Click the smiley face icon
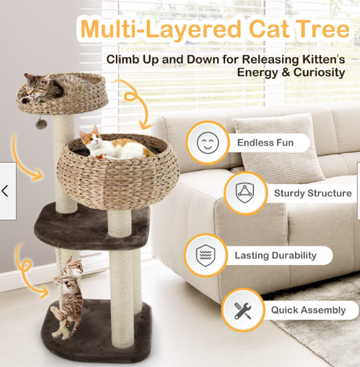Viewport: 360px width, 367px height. [208, 142]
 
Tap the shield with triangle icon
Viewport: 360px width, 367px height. [245, 193]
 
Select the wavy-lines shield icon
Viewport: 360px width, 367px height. [205, 255]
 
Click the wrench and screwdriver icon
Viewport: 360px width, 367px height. [243, 311]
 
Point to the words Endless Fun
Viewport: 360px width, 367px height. [266, 142]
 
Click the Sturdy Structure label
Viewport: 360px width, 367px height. [313, 193]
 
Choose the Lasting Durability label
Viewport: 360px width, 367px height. [275, 255]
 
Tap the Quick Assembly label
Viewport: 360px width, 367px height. [308, 310]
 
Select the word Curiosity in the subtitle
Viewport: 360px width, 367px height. [319, 72]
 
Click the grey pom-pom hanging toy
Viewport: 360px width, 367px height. [41, 124]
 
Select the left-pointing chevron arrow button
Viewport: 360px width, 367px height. [5, 191]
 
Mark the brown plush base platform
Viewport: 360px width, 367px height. [96, 333]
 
